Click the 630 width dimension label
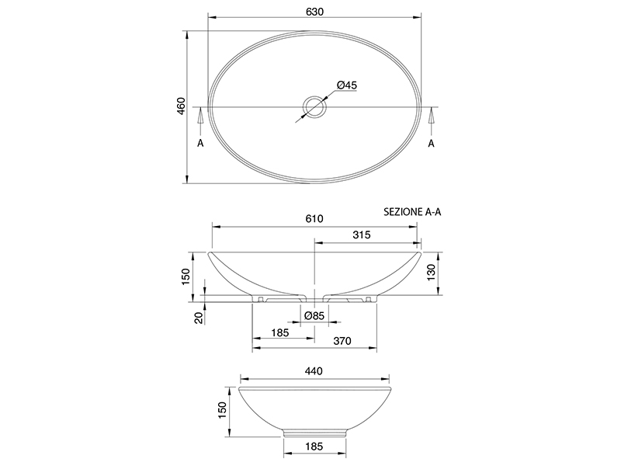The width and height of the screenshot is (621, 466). [315, 12]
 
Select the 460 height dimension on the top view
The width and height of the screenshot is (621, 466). [181, 106]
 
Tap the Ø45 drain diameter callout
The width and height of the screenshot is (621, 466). [347, 85]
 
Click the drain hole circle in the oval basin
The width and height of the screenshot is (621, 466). [314, 107]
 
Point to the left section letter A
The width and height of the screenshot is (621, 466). [200, 143]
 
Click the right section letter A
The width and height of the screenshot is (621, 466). [432, 143]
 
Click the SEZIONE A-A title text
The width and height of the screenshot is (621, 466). [412, 212]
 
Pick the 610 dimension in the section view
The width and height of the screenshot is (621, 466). [314, 218]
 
